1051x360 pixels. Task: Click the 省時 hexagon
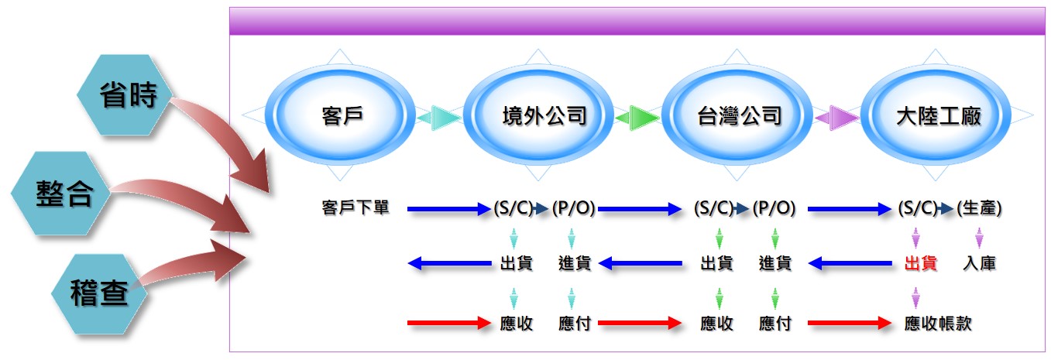click(x=125, y=94)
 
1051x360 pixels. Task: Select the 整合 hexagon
click(x=60, y=193)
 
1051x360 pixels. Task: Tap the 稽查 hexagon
click(x=99, y=294)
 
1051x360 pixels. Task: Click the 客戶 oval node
click(x=340, y=115)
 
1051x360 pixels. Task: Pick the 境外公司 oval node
click(x=538, y=115)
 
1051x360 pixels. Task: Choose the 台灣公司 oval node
click(x=737, y=115)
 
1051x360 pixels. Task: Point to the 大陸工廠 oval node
click(x=936, y=115)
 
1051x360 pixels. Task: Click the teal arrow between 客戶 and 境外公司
click(x=439, y=118)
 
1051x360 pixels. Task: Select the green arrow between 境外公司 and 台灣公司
click(x=637, y=118)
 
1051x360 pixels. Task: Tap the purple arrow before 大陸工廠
click(x=837, y=118)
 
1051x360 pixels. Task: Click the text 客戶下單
click(x=355, y=207)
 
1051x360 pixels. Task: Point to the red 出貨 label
click(x=921, y=263)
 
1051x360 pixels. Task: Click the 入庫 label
click(x=979, y=263)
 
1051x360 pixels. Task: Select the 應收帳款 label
click(x=938, y=324)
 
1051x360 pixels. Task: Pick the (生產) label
click(x=979, y=207)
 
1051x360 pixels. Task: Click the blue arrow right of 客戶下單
click(x=449, y=208)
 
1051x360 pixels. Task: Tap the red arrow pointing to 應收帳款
click(x=850, y=323)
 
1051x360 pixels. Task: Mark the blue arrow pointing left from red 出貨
click(x=850, y=263)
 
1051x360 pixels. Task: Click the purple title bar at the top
click(x=637, y=21)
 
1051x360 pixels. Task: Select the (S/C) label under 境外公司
click(x=513, y=207)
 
